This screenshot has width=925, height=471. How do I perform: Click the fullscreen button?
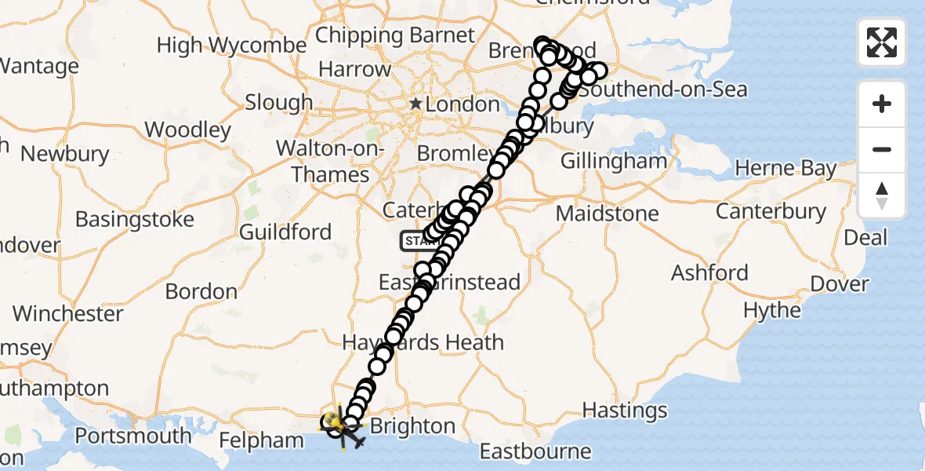click(x=882, y=42)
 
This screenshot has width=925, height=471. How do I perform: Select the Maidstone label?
click(x=607, y=214)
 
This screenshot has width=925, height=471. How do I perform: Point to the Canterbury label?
click(x=771, y=211)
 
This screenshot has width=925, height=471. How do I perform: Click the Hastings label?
click(x=626, y=410)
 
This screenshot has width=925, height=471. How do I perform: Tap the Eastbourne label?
click(x=535, y=451)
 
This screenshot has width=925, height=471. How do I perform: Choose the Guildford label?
click(x=285, y=232)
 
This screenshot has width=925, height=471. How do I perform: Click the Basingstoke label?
click(x=134, y=220)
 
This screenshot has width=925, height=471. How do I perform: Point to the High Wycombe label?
click(x=231, y=46)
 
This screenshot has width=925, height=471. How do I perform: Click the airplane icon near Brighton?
click(x=360, y=443)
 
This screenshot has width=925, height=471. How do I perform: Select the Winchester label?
click(x=68, y=314)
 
